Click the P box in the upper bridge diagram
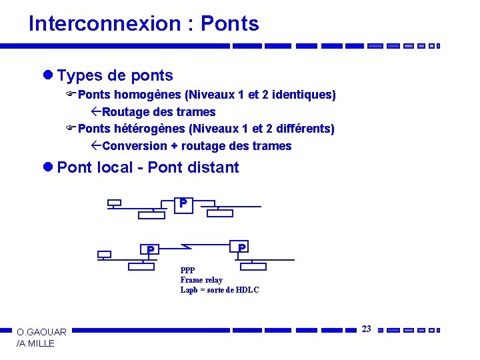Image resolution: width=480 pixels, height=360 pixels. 183,203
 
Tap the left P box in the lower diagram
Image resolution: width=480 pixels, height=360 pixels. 151,250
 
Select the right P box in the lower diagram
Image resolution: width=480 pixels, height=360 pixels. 242,247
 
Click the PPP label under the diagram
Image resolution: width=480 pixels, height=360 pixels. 187,271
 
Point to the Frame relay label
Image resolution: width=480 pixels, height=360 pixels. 201,280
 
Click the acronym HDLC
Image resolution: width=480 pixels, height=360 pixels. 247,290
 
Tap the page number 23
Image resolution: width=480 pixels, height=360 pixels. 366,329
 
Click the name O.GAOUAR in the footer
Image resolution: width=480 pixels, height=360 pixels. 41,332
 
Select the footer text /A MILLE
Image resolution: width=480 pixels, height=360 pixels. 35,343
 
